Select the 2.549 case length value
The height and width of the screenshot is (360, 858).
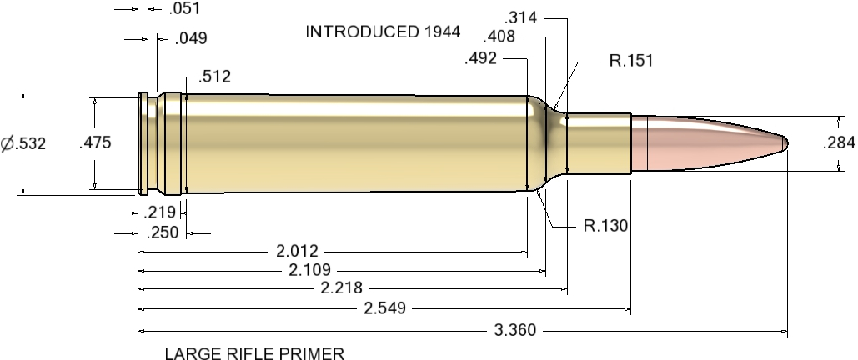click(384, 309)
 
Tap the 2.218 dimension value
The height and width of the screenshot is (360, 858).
click(341, 288)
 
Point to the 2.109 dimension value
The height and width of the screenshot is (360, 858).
click(309, 269)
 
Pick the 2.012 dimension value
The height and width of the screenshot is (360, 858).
click(297, 250)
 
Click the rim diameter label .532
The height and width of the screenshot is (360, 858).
click(23, 143)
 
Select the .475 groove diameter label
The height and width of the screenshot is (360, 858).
click(94, 143)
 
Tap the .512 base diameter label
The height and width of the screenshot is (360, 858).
click(214, 77)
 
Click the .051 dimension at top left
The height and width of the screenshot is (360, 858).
click(183, 10)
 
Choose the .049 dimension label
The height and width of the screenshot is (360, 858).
click(191, 38)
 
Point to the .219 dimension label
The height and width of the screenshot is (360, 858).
click(161, 212)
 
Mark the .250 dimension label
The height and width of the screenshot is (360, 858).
click(163, 232)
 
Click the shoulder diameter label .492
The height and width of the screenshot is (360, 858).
click(481, 58)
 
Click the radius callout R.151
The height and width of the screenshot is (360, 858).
click(630, 60)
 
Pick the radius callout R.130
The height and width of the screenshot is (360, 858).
click(605, 225)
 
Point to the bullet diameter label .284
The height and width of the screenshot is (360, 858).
click(839, 143)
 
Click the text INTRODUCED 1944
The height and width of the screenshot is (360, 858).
click(383, 32)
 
